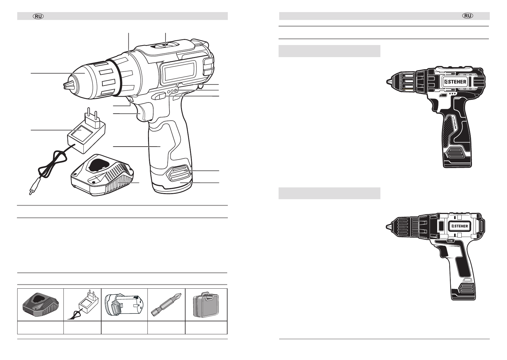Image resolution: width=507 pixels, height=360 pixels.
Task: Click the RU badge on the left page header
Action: pos(38,16)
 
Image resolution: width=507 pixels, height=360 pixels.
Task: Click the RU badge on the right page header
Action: pos(468,16)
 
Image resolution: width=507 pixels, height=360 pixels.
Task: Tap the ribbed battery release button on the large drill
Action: pos(179,173)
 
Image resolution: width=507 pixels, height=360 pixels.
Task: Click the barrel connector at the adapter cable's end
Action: pos(32,188)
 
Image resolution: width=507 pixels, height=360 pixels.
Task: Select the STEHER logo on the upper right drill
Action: pos(455,82)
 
